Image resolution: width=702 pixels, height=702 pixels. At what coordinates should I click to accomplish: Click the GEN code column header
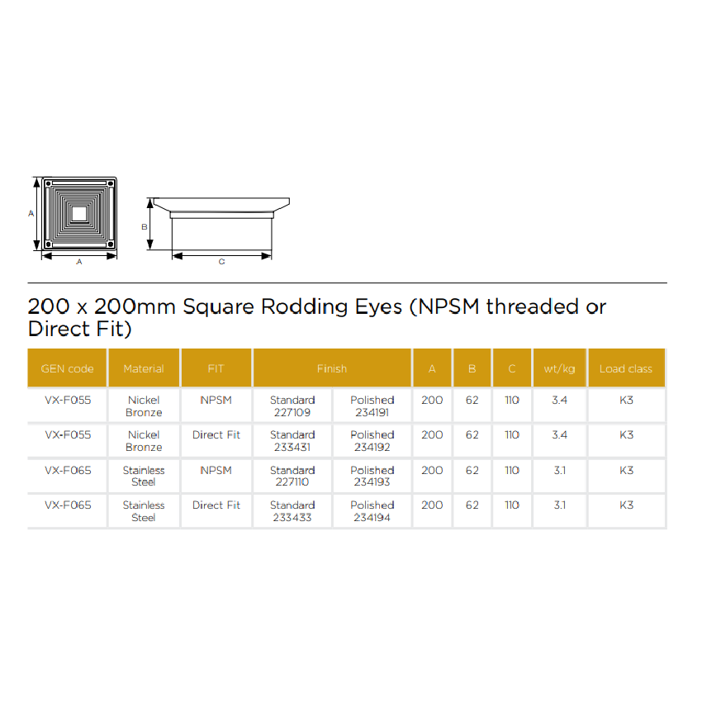[67, 368]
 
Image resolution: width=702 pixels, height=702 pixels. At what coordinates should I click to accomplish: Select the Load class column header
[626, 368]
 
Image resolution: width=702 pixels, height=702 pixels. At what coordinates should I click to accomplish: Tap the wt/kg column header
[559, 368]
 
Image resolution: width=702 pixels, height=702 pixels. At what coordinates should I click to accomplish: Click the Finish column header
[332, 368]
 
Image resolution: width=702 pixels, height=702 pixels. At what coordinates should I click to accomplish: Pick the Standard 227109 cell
[292, 406]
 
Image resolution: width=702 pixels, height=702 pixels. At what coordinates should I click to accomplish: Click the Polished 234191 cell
[372, 406]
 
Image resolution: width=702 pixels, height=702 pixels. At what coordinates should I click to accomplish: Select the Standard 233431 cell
[292, 441]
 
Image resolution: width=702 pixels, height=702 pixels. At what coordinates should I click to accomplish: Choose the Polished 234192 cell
[372, 441]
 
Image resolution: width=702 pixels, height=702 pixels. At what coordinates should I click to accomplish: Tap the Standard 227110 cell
[292, 476]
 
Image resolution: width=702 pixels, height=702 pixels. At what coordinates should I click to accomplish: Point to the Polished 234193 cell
[372, 476]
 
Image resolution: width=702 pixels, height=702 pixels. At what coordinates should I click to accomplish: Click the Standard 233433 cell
[292, 511]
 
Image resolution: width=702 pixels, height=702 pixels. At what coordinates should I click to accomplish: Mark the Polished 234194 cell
[372, 511]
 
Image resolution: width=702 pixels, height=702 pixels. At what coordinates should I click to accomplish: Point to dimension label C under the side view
[221, 262]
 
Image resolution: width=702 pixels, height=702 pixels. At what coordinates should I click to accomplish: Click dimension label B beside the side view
[145, 227]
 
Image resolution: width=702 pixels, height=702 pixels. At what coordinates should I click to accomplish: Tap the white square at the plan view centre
[79, 214]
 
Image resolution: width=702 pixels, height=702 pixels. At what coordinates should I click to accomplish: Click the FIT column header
[216, 368]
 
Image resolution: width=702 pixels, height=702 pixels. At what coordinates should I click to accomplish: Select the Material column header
[144, 368]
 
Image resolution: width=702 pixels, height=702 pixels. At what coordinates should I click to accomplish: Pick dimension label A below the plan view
[79, 262]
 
